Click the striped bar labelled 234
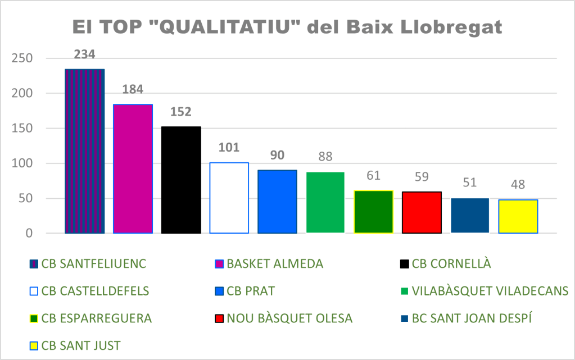[84, 151]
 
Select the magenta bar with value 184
[133, 168]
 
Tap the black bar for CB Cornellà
[181, 180]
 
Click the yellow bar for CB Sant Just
[518, 216]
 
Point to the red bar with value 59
[422, 212]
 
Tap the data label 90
[277, 155]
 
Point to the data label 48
[518, 185]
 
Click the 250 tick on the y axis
[23, 58]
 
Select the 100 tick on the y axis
[23, 163]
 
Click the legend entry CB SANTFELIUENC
[87, 264]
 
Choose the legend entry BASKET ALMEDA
[275, 264]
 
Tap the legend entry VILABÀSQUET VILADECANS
[490, 291]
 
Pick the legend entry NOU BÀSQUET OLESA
[289, 318]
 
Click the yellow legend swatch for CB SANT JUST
[34, 345]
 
